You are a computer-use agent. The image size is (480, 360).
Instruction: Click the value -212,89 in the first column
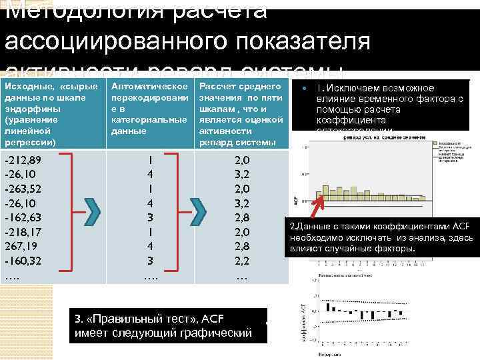point(22,160)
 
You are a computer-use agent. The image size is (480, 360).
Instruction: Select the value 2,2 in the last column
point(243,259)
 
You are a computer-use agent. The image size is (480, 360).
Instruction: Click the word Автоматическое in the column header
point(149,88)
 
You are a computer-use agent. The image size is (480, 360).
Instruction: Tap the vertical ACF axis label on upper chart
point(297,199)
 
